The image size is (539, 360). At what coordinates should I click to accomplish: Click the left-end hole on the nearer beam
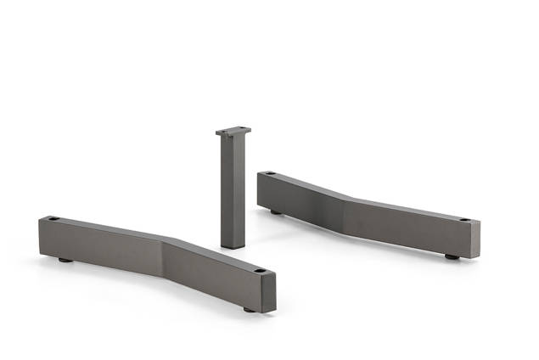(53, 220)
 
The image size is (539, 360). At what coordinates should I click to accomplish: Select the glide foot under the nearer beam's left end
(65, 261)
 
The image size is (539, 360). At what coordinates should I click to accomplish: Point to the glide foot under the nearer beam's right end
(250, 309)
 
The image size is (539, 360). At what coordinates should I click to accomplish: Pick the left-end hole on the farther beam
(269, 174)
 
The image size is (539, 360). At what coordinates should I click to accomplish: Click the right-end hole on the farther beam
(466, 220)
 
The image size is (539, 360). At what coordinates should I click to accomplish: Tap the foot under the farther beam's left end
(277, 211)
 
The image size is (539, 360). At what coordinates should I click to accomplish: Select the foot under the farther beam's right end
(452, 256)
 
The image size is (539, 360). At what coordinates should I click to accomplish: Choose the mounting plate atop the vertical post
(233, 132)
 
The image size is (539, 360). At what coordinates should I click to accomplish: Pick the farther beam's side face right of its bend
(407, 227)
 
